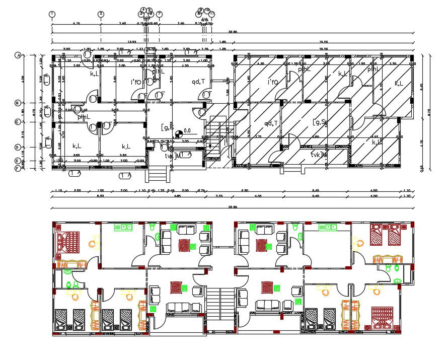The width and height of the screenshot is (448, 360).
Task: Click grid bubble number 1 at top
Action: [52, 14]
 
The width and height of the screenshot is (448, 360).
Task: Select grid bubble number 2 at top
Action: [101, 14]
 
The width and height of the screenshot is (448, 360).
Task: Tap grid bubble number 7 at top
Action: [159, 14]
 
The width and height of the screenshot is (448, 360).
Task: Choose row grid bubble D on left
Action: [18, 147]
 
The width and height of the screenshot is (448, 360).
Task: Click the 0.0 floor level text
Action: [188, 130]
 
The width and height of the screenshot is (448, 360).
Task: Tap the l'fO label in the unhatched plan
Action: [137, 82]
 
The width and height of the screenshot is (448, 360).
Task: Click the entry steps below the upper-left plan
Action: [158, 175]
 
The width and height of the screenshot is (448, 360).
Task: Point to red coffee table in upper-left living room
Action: [185, 246]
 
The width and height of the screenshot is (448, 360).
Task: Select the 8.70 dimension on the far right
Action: [429, 114]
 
